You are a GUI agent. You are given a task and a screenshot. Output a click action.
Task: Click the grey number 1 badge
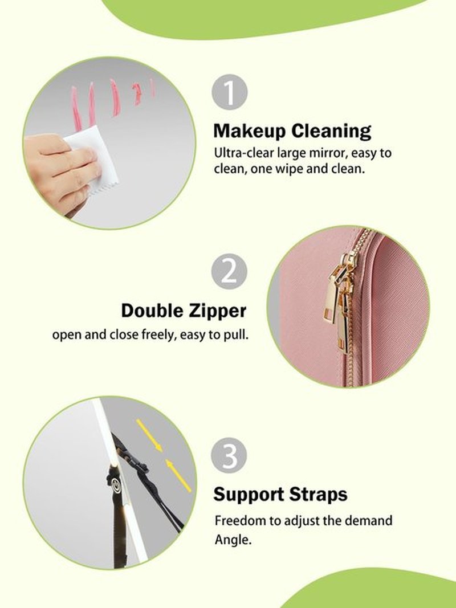tap(230, 92)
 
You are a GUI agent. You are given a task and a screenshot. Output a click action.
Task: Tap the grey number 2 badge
tap(229, 271)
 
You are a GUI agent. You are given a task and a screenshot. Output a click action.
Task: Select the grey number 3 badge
tap(229, 456)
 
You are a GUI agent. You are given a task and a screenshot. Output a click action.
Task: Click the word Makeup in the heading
tap(249, 132)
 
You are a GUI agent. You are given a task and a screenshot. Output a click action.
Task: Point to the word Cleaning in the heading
tap(331, 132)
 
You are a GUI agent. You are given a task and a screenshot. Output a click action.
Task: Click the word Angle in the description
tap(233, 540)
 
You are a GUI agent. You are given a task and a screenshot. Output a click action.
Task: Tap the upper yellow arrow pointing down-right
tap(149, 436)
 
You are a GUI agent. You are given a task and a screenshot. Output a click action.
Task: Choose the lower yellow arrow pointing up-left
tap(178, 475)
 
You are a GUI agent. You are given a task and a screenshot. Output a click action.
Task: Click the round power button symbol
tap(116, 484)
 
